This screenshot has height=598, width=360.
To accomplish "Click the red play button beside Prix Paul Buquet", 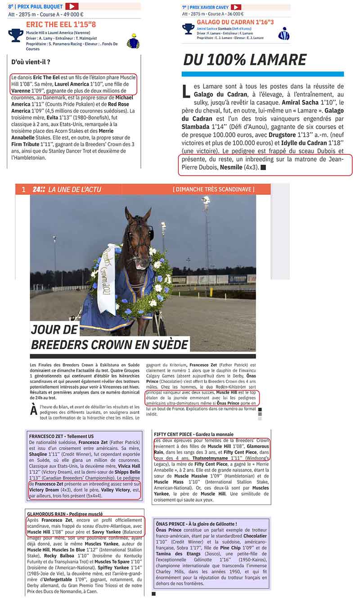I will coord(72,6).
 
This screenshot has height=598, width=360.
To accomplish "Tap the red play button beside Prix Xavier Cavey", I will coord(236,7).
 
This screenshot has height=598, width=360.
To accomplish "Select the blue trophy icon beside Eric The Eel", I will coord(16,35).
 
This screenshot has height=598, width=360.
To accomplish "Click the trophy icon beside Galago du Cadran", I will coord(188,29).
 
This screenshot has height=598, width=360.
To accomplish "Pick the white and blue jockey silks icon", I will coord(283,33).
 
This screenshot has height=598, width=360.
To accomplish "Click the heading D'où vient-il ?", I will coord(31,62).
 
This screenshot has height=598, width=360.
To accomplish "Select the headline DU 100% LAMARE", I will coord(245,60).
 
